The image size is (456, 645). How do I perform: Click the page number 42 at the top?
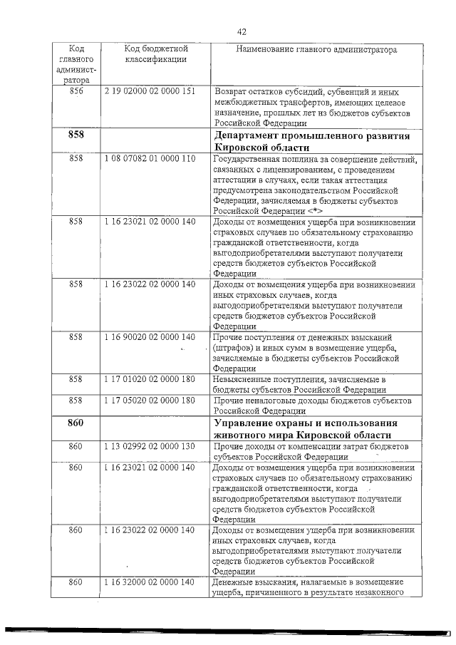pos(241,31)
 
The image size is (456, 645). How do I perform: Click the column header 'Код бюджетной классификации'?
pos(155,54)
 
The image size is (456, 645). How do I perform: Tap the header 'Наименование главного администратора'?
pos(316,49)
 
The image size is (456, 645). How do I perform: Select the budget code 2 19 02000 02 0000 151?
pos(150,92)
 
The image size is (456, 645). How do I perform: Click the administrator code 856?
pos(76,92)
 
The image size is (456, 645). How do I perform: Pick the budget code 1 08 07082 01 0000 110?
pos(150,158)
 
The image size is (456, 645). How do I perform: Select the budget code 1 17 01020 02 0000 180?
pos(150,379)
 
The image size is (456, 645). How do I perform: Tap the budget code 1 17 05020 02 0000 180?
pos(150,401)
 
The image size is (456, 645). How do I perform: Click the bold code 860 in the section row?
pos(76,423)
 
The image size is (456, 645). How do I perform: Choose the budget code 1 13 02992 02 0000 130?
pos(150,446)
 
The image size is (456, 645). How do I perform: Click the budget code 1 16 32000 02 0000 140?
pos(150,583)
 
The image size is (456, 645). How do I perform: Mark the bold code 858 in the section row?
pos(76,135)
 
